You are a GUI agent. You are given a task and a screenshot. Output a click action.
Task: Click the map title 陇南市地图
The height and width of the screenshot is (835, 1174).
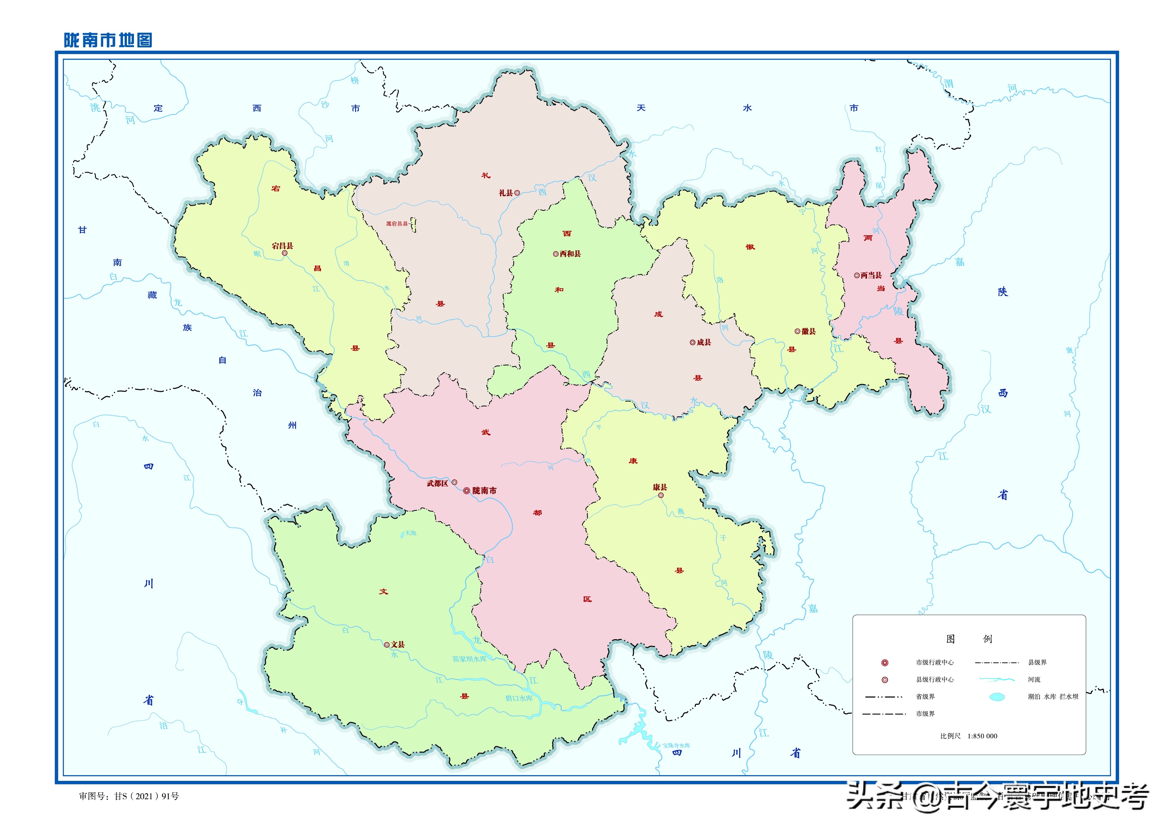108,40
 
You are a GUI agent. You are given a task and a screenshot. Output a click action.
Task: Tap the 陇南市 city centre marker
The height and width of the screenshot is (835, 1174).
467,491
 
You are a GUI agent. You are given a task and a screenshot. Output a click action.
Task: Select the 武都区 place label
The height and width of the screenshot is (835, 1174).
437,483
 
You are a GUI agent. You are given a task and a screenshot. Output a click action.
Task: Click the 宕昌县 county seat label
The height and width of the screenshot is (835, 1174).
282,246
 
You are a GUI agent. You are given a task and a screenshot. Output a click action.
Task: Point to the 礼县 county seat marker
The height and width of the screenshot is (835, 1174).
517,193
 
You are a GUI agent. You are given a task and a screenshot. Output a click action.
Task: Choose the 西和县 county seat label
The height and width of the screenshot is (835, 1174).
570,254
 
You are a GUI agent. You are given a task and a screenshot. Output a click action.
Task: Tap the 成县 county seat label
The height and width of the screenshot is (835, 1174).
704,342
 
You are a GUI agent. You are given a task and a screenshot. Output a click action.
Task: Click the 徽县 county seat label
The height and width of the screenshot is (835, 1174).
809,331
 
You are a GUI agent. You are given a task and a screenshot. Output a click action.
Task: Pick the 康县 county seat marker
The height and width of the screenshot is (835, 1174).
661,496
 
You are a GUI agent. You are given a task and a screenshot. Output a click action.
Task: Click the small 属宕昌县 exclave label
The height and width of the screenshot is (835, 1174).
397,224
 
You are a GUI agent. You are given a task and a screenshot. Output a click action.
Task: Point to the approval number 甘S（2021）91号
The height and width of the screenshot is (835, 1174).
146,796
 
